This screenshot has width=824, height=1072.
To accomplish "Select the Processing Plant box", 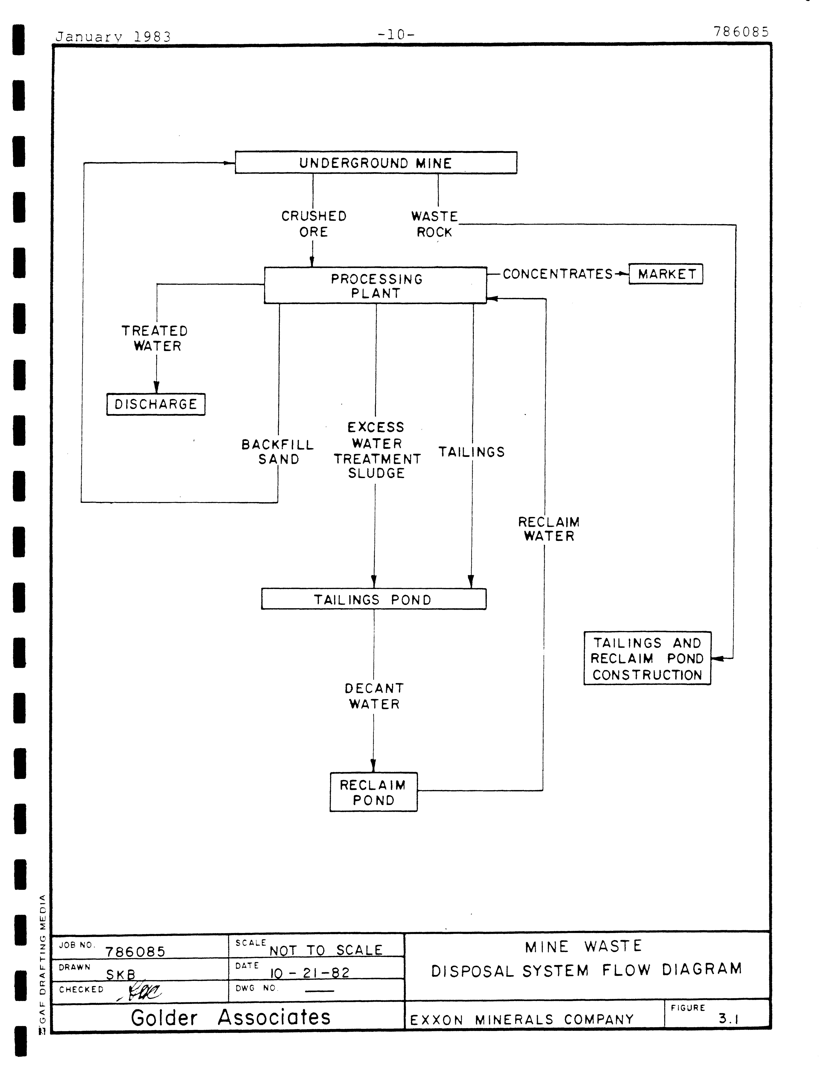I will pos(376,286).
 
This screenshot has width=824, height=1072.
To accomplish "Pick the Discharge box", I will pos(156,404).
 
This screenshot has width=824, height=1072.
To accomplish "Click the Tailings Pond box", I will pos(374,599).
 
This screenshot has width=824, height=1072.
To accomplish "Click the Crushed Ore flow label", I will pos(314,224).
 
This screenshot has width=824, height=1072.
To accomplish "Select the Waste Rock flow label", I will pos(435,224).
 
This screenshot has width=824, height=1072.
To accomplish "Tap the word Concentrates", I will pos(558,274).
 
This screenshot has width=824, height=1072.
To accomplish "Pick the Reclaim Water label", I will pos(549,529).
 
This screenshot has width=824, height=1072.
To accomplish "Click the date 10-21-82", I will pos(310,973).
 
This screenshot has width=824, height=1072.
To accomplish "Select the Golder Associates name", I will pos(231,1018).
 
